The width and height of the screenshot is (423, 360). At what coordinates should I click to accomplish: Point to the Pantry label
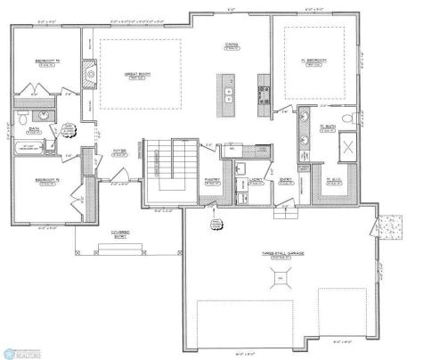[x=212, y=182]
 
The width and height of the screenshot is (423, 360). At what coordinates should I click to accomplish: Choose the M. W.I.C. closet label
[x=336, y=181]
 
